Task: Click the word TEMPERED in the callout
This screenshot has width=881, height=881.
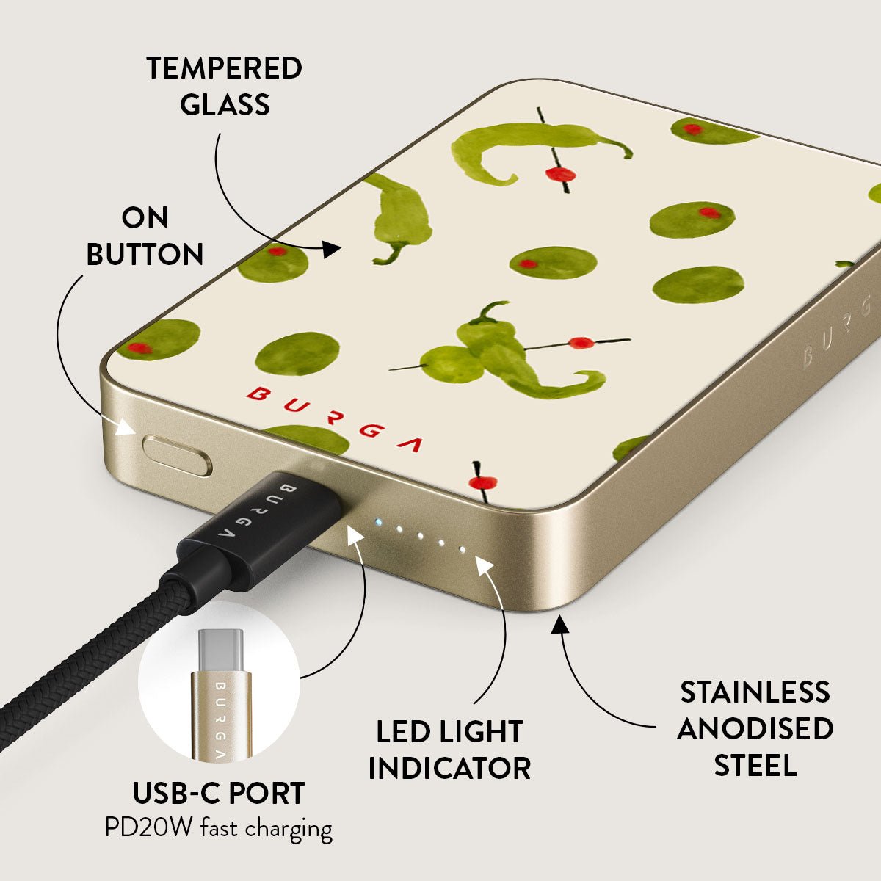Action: (224, 68)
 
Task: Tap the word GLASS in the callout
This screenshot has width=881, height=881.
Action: (225, 104)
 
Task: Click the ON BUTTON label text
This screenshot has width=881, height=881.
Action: (145, 236)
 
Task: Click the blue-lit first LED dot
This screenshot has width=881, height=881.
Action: (378, 522)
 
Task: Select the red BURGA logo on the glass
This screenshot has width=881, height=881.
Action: (334, 418)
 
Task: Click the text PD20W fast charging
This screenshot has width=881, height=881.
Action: (219, 829)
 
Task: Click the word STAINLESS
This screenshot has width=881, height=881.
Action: (755, 705)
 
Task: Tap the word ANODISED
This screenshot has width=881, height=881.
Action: (755, 741)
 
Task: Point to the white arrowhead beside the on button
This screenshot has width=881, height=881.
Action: (125, 428)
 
